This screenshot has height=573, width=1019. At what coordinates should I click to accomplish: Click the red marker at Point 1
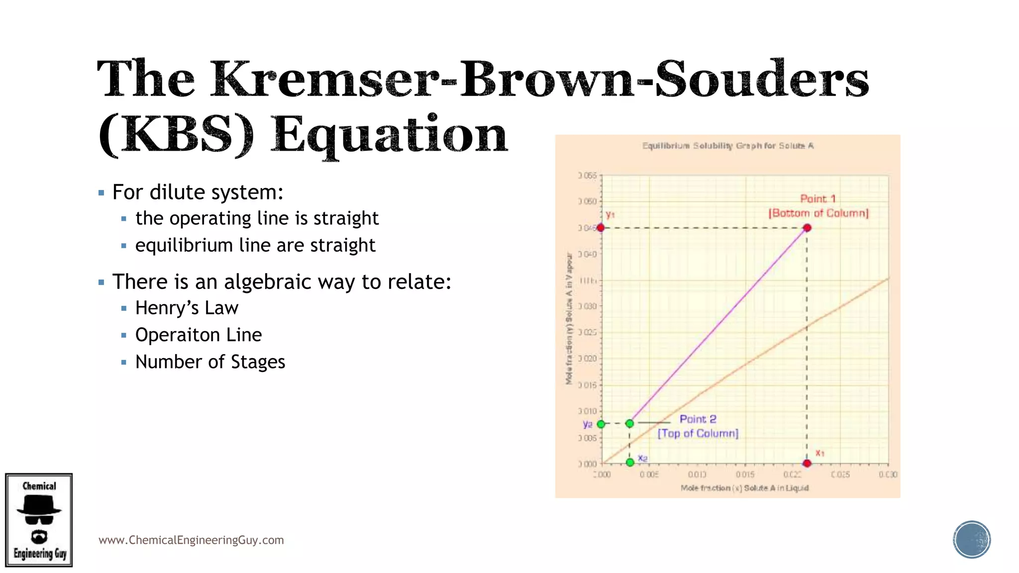[807, 228]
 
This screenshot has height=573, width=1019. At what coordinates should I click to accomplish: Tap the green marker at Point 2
[629, 423]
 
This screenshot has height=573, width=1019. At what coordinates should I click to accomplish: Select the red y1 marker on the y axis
[601, 227]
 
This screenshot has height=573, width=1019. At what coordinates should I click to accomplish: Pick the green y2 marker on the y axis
[601, 424]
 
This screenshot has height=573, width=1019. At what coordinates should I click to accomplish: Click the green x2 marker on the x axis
[630, 462]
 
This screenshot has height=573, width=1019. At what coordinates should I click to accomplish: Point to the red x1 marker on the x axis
[807, 463]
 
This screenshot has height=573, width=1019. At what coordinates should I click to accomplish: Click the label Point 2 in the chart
[698, 419]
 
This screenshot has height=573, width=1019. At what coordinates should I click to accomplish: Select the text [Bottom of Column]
[818, 213]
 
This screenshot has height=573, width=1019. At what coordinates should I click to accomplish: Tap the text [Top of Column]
[698, 433]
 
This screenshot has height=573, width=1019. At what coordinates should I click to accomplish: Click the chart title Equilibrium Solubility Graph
[727, 146]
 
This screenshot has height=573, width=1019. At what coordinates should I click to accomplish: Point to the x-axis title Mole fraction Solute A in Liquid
[744, 488]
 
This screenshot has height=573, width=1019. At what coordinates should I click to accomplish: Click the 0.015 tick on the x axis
[745, 475]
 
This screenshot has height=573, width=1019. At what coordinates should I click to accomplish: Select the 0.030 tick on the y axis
[588, 306]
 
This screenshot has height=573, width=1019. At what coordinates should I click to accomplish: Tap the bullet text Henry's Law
[187, 308]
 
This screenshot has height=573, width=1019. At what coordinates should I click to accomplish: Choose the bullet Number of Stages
[210, 362]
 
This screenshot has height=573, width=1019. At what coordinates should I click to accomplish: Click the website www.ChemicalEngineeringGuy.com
[191, 540]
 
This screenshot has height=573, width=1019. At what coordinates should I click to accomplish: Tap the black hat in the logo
[39, 506]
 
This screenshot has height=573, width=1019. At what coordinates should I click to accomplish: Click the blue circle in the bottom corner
[971, 539]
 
